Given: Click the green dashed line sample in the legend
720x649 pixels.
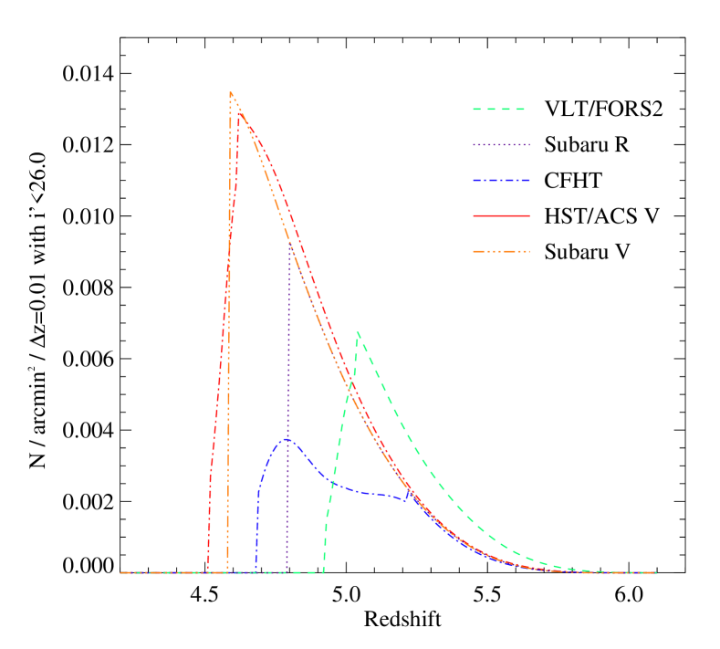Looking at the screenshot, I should (499, 110).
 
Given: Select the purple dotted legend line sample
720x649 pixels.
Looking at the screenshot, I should (501, 145).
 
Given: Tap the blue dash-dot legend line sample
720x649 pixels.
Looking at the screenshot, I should (501, 181).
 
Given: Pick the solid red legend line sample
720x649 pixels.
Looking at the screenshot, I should (501, 216).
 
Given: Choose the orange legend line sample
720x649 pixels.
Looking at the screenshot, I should (501, 251).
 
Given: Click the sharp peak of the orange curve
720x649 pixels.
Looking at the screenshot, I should (231, 92).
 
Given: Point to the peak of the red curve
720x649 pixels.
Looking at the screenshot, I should (239, 113).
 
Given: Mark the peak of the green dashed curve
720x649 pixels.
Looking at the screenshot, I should (358, 332).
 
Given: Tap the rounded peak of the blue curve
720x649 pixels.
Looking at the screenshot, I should (287, 439).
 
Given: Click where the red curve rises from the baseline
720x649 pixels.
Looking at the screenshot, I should (208, 572).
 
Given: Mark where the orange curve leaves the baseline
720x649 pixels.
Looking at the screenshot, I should (227, 572).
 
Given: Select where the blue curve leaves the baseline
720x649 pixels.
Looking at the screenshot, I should (256, 572).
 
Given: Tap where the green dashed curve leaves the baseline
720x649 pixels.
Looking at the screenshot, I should (324, 572).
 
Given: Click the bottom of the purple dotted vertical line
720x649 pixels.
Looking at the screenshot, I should (287, 572).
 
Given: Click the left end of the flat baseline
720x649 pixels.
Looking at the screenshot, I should (121, 573).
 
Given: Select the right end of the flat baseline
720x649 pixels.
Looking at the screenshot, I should (656, 573).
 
